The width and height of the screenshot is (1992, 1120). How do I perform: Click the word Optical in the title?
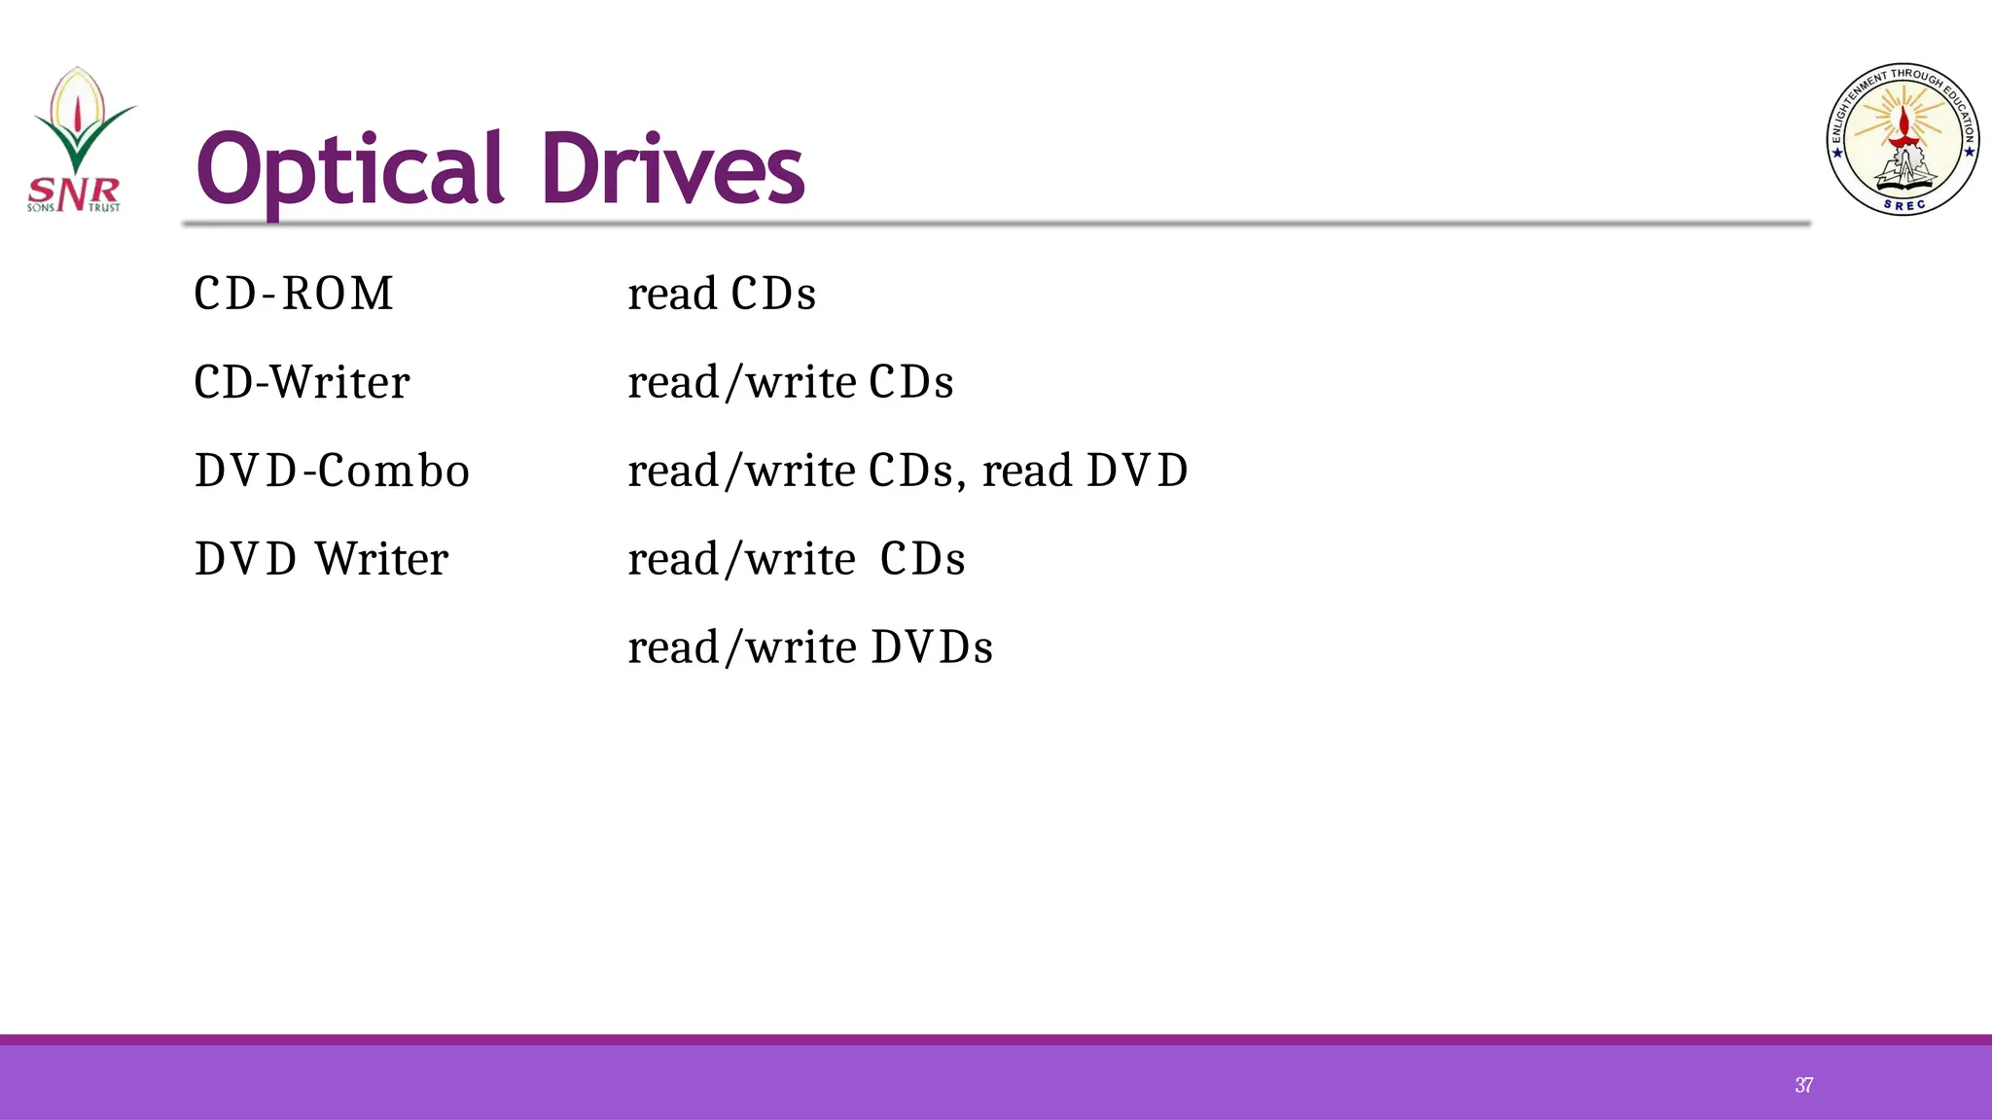click(x=349, y=171)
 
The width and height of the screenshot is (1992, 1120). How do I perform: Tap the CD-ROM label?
click(x=294, y=294)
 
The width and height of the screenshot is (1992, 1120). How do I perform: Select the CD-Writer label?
click(x=302, y=382)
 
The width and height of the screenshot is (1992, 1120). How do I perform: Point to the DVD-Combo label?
click(x=332, y=471)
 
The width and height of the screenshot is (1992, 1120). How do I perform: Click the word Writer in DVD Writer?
click(x=381, y=559)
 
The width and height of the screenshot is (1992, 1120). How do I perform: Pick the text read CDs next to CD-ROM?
click(x=722, y=294)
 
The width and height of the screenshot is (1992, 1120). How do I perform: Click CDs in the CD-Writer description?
click(x=910, y=382)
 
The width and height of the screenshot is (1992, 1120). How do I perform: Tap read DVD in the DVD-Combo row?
click(x=1085, y=471)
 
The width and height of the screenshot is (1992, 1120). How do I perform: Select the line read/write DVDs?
click(x=810, y=647)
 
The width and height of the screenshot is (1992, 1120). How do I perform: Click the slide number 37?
click(x=1803, y=1085)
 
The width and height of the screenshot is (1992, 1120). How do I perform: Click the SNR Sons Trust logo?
click(x=76, y=141)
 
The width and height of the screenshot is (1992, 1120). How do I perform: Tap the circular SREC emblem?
click(x=1903, y=139)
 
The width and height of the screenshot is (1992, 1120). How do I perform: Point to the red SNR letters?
click(x=74, y=192)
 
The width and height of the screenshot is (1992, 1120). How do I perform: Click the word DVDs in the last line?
click(x=932, y=647)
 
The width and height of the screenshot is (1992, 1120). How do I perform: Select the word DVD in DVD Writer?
click(x=245, y=559)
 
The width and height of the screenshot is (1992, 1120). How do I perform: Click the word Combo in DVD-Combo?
click(x=393, y=471)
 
